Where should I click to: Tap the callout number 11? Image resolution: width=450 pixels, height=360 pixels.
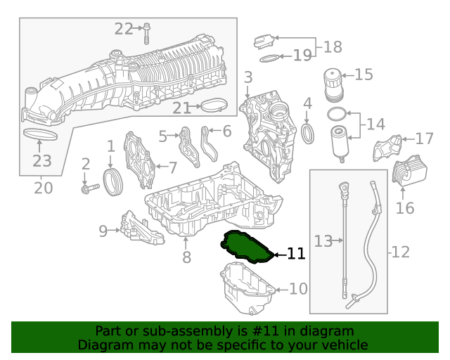pos(297,254)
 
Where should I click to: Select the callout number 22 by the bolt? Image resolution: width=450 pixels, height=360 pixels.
pos(124,29)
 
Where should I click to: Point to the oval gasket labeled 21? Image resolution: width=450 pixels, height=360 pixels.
pos(215,107)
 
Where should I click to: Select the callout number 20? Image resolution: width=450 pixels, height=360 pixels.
pos(44,188)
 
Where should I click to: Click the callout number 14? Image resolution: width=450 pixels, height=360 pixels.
pos(375,124)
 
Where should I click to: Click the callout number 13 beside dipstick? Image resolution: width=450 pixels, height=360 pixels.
pos(323,241)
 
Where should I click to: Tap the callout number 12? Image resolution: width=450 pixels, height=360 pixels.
pos(400,251)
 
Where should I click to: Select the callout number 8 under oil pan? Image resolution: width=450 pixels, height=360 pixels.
pos(186,257)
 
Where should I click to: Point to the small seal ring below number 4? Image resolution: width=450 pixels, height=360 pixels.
pos(308,133)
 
